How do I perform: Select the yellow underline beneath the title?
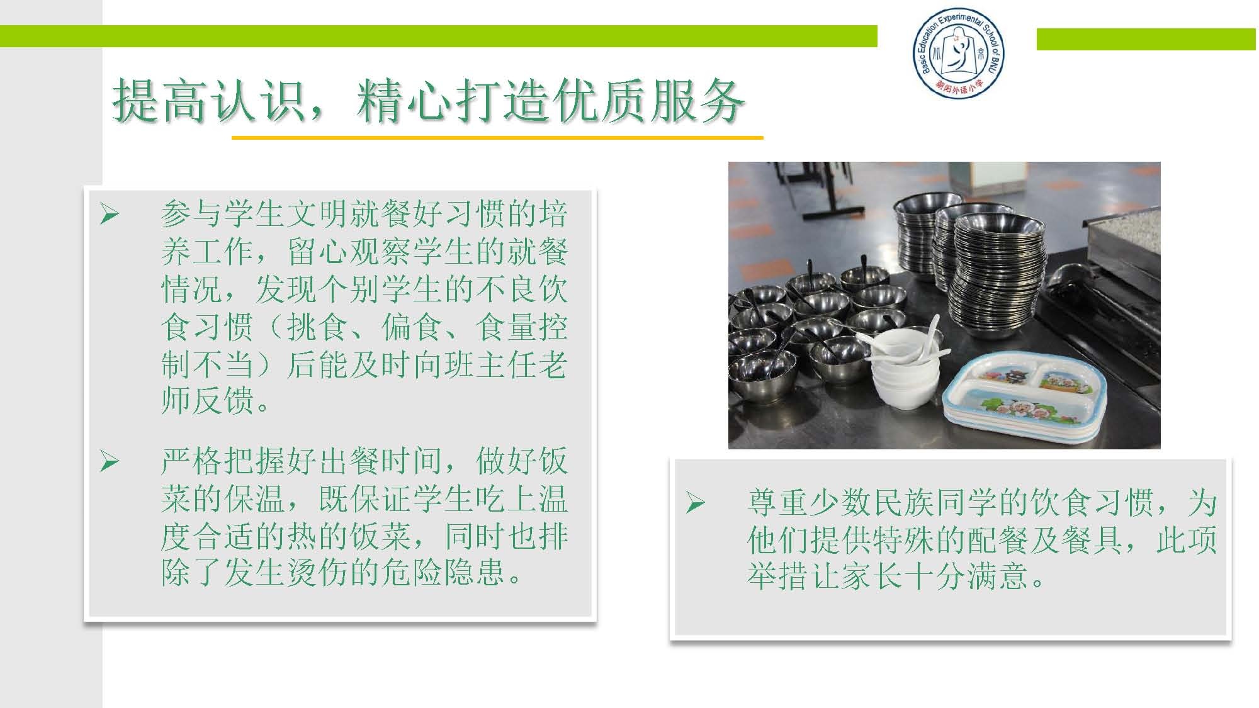coord(497,137)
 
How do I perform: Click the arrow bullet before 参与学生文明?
coord(110,215)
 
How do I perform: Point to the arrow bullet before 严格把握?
coord(110,463)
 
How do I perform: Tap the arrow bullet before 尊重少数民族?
coord(695,502)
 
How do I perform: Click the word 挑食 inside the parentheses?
coord(317,327)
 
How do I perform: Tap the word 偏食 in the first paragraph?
coord(412,327)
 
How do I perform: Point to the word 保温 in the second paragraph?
coord(254,499)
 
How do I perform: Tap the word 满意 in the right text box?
coord(998,575)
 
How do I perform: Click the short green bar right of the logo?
coord(1146,39)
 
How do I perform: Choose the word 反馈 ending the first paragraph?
coord(223,401)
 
